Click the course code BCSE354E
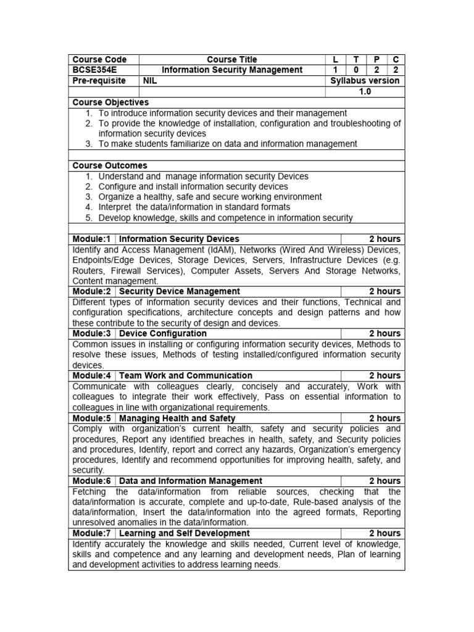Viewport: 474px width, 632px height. [91, 70]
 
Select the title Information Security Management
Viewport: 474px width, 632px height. [232, 70]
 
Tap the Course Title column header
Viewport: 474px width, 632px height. [232, 59]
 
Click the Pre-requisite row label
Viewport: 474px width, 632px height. [99, 81]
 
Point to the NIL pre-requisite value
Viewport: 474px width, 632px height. [150, 81]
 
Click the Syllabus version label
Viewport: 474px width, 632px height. [365, 81]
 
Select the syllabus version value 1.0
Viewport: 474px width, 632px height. [365, 91]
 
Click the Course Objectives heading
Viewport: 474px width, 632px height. [110, 102]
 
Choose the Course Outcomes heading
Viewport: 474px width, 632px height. [110, 165]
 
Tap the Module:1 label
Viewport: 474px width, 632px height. [92, 239]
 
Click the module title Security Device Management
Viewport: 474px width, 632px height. [180, 291]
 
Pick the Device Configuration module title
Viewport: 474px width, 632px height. [163, 333]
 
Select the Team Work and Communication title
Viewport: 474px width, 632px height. [186, 375]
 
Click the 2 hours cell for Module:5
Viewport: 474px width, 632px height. [385, 418]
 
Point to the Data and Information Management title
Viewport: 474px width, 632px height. [191, 481]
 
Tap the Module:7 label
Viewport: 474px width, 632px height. [92, 533]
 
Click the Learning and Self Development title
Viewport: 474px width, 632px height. [183, 533]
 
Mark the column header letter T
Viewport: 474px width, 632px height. [355, 59]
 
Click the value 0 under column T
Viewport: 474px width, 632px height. [355, 70]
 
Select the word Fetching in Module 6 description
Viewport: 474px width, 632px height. [90, 492]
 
